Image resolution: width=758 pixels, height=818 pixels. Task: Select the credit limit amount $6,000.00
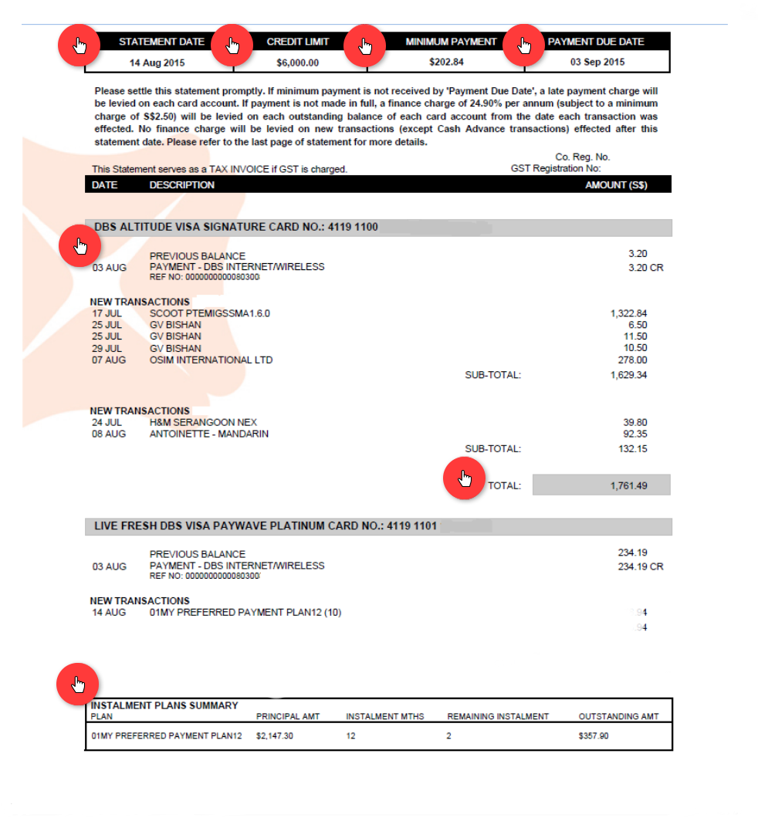pyautogui.click(x=297, y=63)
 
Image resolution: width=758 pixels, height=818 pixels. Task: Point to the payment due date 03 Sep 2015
pyautogui.click(x=597, y=63)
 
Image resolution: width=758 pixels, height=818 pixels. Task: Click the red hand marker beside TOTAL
pyautogui.click(x=463, y=479)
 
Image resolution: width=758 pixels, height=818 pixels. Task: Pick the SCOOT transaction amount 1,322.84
pyautogui.click(x=628, y=313)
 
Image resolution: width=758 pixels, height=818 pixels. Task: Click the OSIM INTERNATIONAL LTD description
pyautogui.click(x=211, y=360)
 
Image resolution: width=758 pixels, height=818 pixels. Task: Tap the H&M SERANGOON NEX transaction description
pyautogui.click(x=203, y=423)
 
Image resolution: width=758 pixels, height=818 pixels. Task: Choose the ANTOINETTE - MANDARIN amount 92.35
pyautogui.click(x=634, y=434)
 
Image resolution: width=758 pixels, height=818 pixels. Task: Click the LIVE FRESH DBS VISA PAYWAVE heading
pyautogui.click(x=266, y=526)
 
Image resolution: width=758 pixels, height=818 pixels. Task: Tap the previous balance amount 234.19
pyautogui.click(x=632, y=553)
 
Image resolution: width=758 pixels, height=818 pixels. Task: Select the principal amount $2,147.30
pyautogui.click(x=275, y=736)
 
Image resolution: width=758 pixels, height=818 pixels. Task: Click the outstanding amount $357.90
pyautogui.click(x=593, y=736)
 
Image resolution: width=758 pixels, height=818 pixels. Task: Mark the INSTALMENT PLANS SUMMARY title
pyautogui.click(x=164, y=705)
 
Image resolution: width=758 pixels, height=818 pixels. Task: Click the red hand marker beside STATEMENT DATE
pyautogui.click(x=79, y=46)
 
